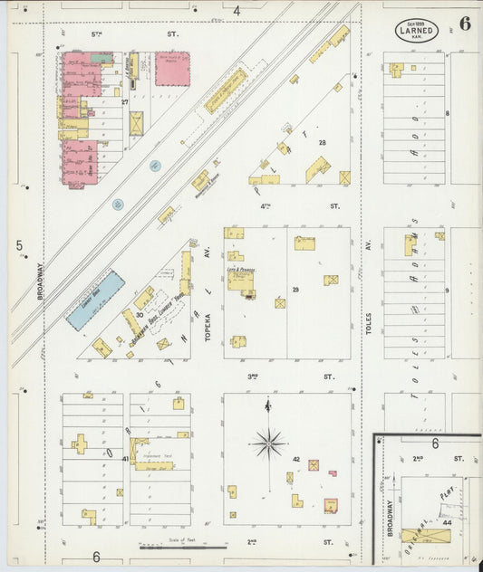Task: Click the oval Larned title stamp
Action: pos(417,28)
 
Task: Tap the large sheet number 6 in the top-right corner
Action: pos(464,24)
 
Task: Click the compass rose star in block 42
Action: pos(268,443)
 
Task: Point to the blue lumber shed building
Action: pos(94,300)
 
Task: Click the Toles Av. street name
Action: pos(369,321)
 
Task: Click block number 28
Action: pos(321,143)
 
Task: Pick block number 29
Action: pos(295,289)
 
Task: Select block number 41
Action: pos(125,460)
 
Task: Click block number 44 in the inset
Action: pos(448,522)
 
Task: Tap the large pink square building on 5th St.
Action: pos(171,69)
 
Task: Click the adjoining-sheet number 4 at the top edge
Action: pos(237,11)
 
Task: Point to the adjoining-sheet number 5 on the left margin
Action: pos(18,245)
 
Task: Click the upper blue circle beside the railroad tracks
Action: pos(155,166)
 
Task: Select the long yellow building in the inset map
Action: pos(426,535)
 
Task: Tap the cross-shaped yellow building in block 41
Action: pos(80,444)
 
